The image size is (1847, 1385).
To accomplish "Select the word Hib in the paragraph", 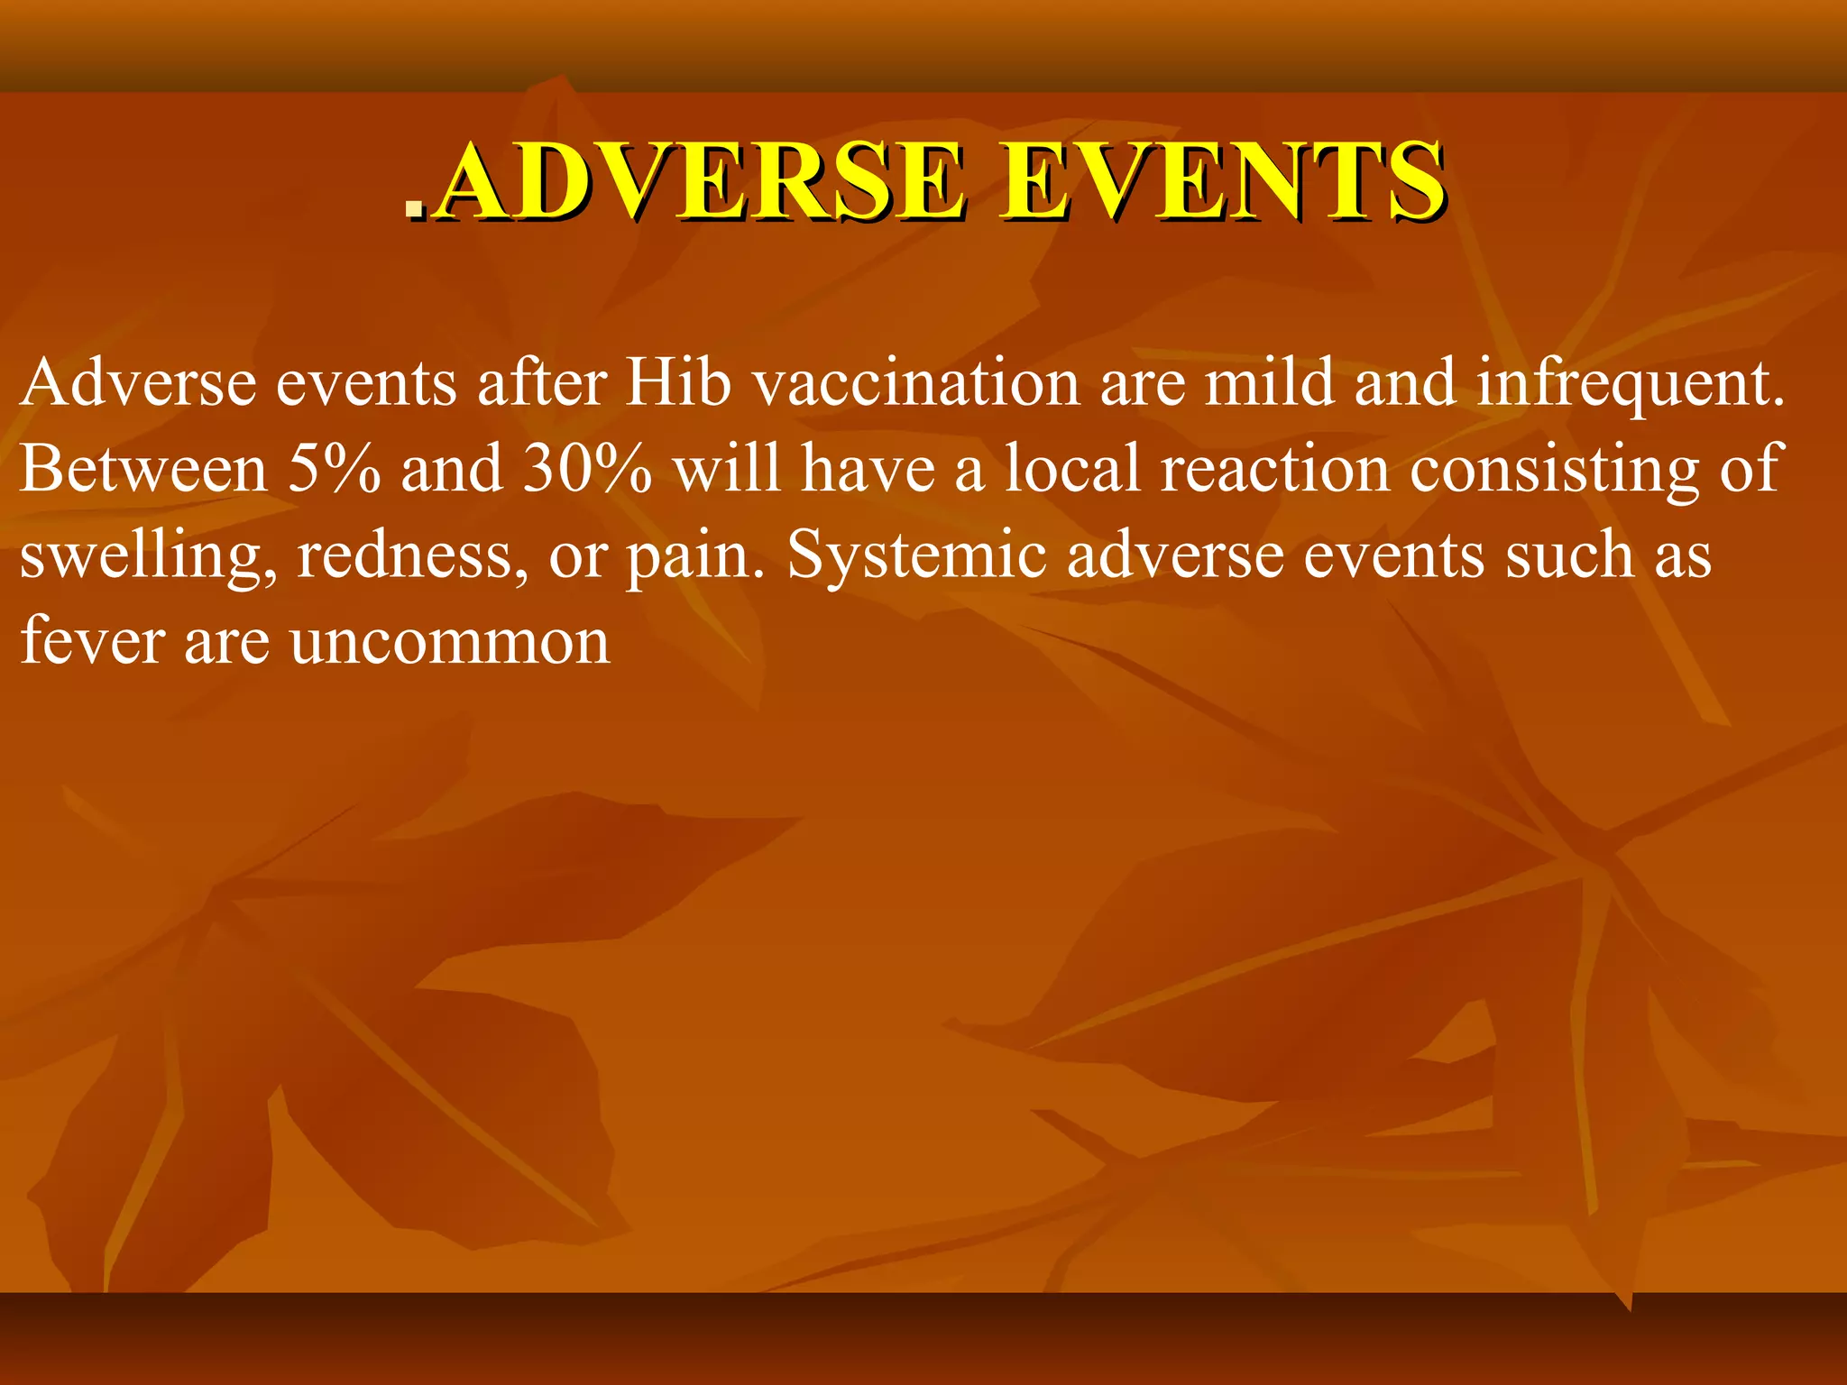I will click(677, 382).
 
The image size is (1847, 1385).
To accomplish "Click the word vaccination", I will click(916, 382).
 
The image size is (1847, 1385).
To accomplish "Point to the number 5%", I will click(334, 469).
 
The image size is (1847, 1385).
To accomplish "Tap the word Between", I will click(144, 469).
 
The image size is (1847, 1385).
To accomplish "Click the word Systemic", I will click(916, 555).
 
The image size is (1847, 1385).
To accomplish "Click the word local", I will click(1073, 469).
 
